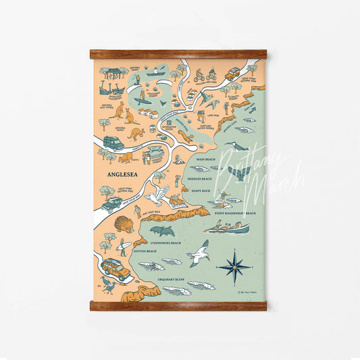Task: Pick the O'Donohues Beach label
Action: tap(165, 242)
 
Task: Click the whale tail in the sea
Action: tap(238, 173)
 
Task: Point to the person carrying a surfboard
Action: tap(122, 246)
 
